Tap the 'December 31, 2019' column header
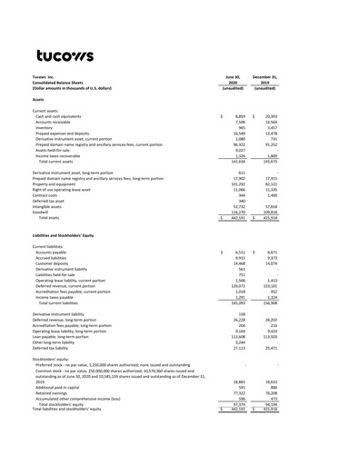[x=285, y=82]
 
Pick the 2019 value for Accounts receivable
[x=292, y=124]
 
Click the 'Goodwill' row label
[x=43, y=212]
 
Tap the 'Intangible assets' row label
[x=50, y=205]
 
